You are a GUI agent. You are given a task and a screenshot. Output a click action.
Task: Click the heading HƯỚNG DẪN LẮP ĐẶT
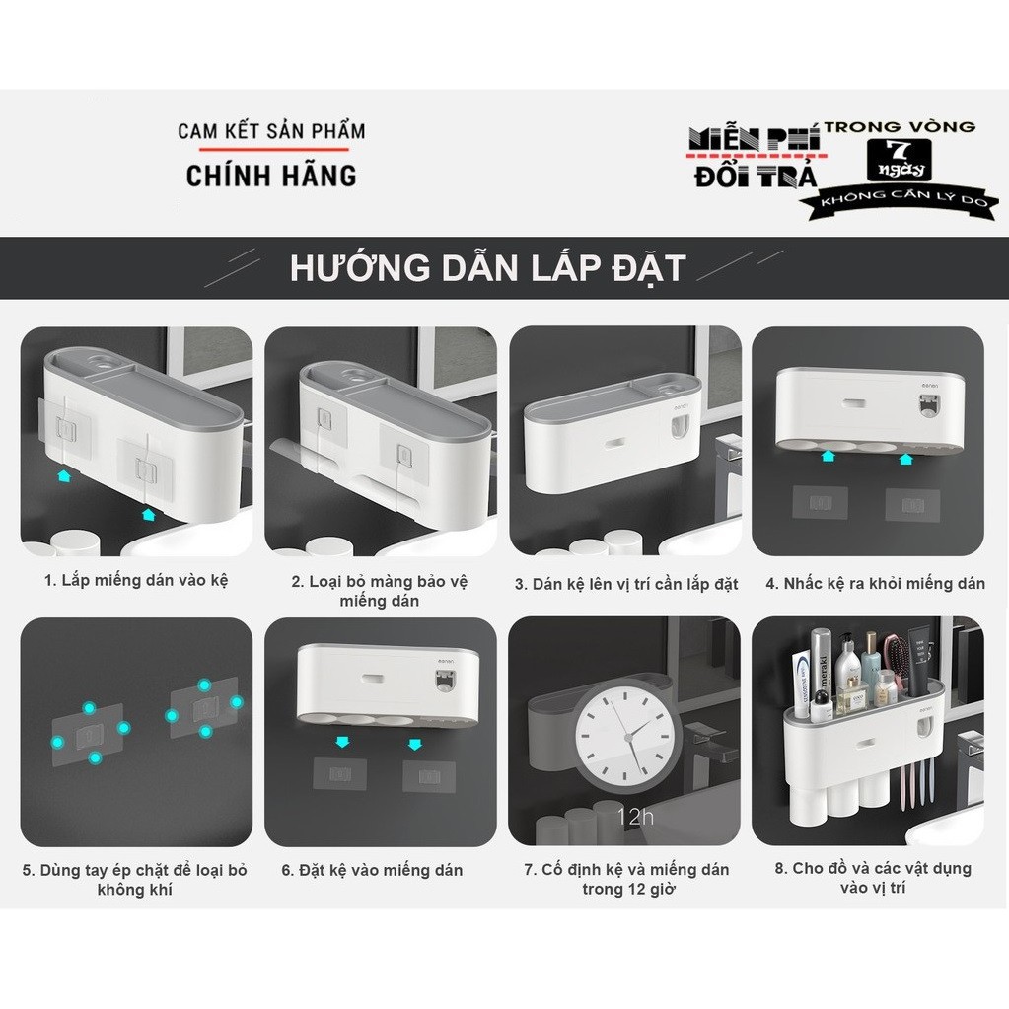[x=488, y=268]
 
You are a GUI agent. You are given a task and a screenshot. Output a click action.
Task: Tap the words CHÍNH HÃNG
[x=271, y=176]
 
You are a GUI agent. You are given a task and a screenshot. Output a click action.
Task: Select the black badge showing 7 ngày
[x=899, y=160]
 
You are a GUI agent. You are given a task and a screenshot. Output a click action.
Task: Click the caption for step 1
[x=136, y=580]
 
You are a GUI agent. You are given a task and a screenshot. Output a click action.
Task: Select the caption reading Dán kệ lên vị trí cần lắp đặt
[x=625, y=584]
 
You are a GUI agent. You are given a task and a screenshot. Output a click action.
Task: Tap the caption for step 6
[x=372, y=870]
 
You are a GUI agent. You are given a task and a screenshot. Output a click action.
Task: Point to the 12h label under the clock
[x=634, y=817]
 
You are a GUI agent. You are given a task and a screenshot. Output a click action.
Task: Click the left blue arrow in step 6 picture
[x=342, y=742]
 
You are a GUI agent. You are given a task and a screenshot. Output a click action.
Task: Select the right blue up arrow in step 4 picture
[x=906, y=459]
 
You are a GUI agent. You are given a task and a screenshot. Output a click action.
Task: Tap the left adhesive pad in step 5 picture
[x=88, y=734]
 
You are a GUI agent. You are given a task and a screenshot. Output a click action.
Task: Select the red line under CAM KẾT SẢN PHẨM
[x=273, y=150]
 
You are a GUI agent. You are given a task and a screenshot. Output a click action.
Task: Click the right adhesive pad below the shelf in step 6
[x=429, y=776]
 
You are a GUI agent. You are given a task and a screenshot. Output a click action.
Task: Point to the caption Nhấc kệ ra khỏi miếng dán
[x=875, y=584]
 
